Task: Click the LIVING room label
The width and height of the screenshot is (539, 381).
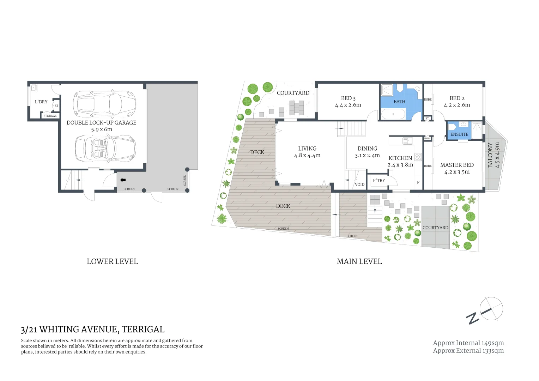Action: click(307, 149)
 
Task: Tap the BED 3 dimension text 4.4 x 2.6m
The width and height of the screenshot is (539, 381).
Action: click(348, 105)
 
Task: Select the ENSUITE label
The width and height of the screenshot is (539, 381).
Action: click(459, 134)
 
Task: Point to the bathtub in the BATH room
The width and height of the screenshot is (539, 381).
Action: click(393, 114)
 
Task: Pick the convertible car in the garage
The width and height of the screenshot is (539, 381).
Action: click(105, 149)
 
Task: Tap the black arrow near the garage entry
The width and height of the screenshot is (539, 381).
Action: click(123, 180)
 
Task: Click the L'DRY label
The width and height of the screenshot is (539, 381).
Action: click(41, 102)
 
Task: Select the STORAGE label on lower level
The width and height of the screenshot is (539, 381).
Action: click(50, 116)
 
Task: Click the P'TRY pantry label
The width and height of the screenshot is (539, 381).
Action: click(379, 181)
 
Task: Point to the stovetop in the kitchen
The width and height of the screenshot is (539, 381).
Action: click(418, 157)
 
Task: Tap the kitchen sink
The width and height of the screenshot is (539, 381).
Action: click(407, 141)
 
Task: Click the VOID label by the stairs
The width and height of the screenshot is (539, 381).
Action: click(359, 185)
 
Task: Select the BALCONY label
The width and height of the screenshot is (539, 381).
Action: click(490, 155)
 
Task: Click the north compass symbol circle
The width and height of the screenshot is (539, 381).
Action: click(491, 309)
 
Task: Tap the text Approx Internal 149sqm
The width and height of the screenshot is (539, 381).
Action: click(468, 343)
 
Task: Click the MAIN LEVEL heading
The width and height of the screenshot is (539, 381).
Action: click(359, 261)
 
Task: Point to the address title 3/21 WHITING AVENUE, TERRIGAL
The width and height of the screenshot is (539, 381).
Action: click(92, 329)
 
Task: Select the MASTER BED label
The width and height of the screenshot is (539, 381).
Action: click(456, 165)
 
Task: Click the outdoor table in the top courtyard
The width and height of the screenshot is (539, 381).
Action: click(296, 108)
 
